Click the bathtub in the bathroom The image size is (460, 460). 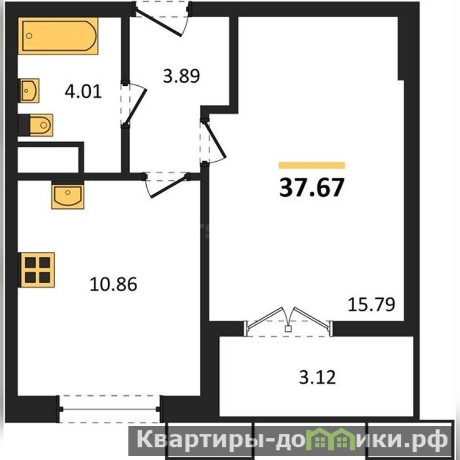point(58,36)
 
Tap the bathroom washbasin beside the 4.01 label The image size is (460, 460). point(29,90)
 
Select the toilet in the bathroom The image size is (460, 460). point(36,125)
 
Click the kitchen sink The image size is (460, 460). point(68,195)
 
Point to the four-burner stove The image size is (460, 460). point(37,269)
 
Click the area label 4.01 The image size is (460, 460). point(83,91)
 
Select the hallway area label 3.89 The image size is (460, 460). point(181,75)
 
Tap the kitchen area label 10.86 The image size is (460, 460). point(113,284)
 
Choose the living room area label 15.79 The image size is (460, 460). point(371,305)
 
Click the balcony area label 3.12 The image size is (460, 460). point(317,377)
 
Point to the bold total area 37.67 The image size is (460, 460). point(311,188)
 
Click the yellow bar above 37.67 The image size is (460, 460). point(311,165)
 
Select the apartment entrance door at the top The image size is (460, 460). point(162,18)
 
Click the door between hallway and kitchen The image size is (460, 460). point(166,184)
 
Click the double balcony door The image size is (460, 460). point(288,322)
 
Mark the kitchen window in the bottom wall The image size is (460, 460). point(109,409)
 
